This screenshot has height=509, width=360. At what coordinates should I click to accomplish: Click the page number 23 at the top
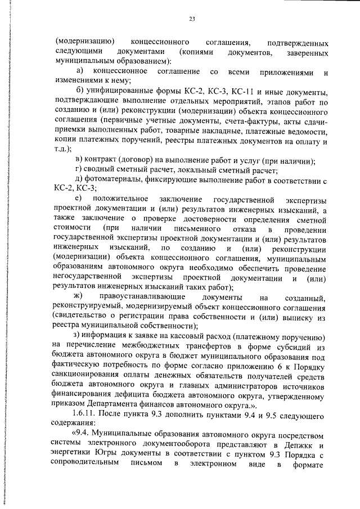click(x=192, y=20)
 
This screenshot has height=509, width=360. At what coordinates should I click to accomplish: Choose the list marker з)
click(x=79, y=336)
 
